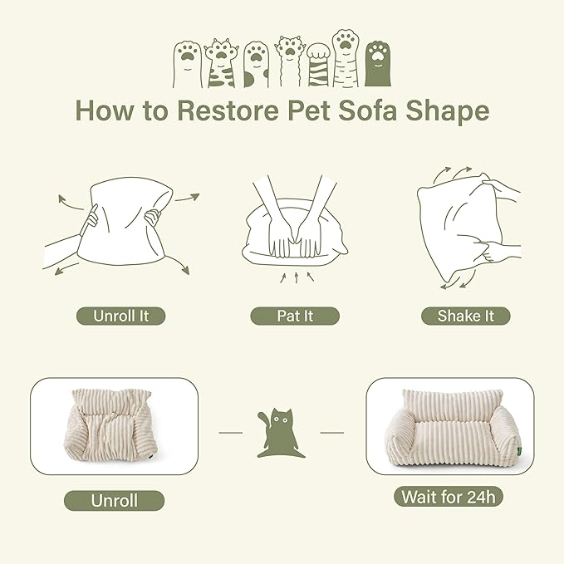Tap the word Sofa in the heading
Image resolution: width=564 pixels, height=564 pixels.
[x=374, y=110]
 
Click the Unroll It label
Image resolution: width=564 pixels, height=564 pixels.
[x=120, y=316]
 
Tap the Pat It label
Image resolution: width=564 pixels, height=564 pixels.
[x=294, y=316]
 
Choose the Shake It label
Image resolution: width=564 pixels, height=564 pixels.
[x=465, y=316]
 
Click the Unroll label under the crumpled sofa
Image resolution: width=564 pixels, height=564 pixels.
[x=114, y=500]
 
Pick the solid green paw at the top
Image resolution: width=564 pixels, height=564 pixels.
[x=380, y=62]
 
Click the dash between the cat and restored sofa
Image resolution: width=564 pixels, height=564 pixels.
[x=331, y=432]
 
